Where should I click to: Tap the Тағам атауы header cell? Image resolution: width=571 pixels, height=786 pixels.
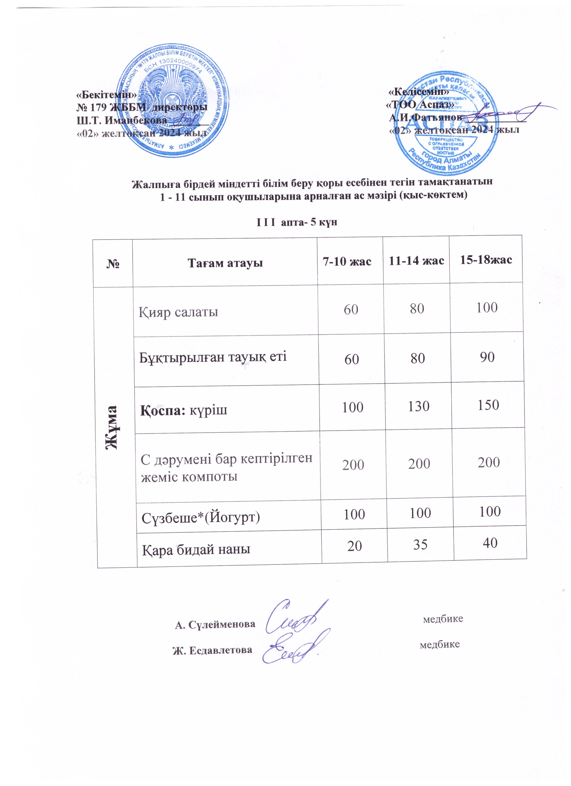(225, 263)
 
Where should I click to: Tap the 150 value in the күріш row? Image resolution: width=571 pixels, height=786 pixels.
(488, 405)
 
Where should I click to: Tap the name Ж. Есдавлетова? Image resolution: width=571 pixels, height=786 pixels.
(213, 650)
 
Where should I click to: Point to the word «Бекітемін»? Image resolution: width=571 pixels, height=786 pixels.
(107, 94)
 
